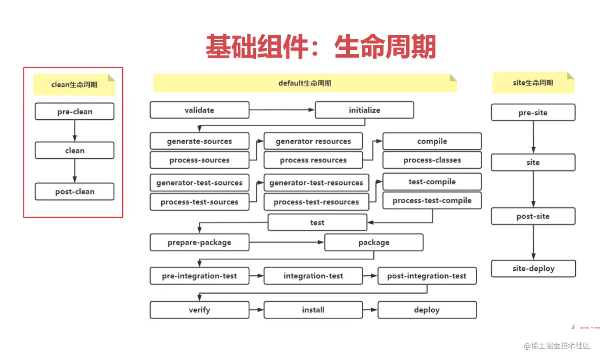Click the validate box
[x=200, y=110]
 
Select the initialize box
[x=364, y=110]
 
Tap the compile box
[x=432, y=141]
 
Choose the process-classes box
[x=432, y=160]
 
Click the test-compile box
[x=432, y=181]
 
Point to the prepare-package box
[x=200, y=242]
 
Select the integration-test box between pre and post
[x=313, y=276]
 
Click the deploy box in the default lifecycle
[x=427, y=310]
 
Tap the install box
[x=313, y=310]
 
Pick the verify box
[x=200, y=310]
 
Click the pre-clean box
[x=74, y=111]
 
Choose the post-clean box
[x=74, y=191]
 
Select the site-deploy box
[x=533, y=268]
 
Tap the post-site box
[x=533, y=216]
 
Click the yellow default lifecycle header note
[x=305, y=83]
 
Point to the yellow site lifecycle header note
[x=533, y=83]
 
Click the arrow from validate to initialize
[x=282, y=110]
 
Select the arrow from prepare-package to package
[x=286, y=242]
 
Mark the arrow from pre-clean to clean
[x=74, y=131]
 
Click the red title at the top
[x=321, y=46]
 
